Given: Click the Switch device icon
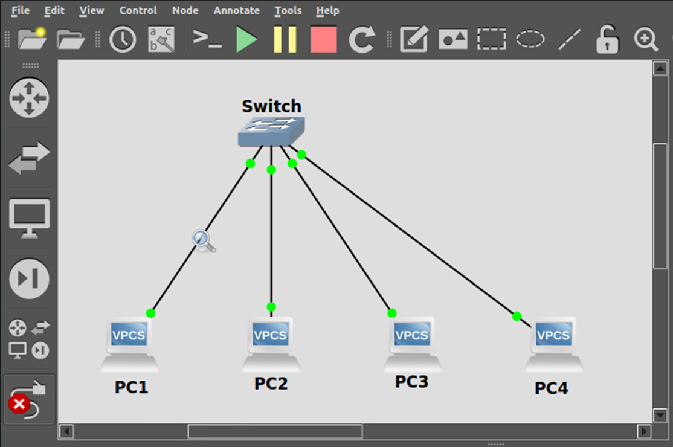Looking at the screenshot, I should click(x=271, y=132).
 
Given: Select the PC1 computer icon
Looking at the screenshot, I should click(x=129, y=344).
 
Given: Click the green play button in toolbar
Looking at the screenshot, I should click(x=246, y=40).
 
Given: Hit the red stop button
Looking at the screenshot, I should click(x=324, y=40).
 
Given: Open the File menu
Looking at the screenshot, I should click(x=20, y=11).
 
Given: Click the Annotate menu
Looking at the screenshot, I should click(x=236, y=11).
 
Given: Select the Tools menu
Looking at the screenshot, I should click(x=288, y=11).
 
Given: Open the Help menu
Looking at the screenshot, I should click(x=327, y=11).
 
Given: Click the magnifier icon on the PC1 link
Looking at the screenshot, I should click(x=204, y=240).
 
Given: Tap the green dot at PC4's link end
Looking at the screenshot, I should click(x=517, y=316).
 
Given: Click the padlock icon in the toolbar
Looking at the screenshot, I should click(x=607, y=40).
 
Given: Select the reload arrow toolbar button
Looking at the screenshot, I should click(x=362, y=40).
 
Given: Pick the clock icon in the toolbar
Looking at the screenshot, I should click(x=123, y=40).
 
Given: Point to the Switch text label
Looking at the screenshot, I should click(x=271, y=106).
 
